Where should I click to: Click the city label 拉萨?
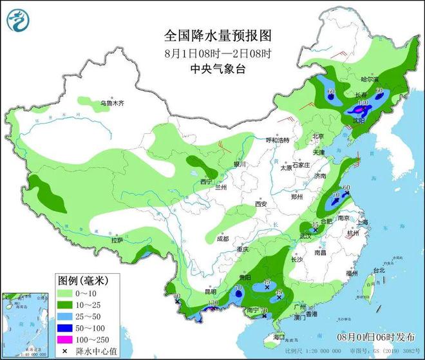coord(117,240)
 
